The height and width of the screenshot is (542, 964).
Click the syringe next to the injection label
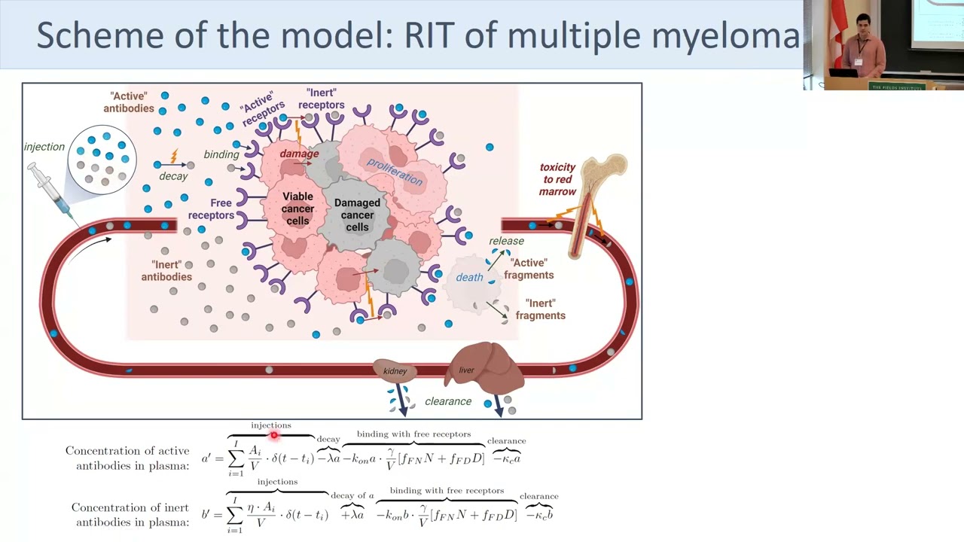(50, 191)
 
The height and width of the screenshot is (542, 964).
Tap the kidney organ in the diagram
(395, 371)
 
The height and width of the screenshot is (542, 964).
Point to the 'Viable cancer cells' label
(297, 209)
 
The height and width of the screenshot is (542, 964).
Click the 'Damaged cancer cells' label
(357, 215)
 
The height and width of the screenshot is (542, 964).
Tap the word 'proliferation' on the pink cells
(395, 172)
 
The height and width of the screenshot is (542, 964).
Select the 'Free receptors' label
(211, 209)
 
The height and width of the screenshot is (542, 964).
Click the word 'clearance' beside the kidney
(448, 401)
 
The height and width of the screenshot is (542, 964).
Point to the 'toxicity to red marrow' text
(557, 179)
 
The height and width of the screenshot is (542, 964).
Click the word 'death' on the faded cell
(469, 278)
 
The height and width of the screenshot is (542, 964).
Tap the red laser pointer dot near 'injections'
(274, 434)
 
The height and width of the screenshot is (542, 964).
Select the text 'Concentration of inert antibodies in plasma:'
(130, 515)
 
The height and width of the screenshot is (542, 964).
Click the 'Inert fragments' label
(540, 309)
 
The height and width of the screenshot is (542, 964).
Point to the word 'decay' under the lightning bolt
(173, 176)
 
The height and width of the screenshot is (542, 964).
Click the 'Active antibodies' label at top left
(129, 102)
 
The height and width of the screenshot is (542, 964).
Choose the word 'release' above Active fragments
(506, 241)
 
